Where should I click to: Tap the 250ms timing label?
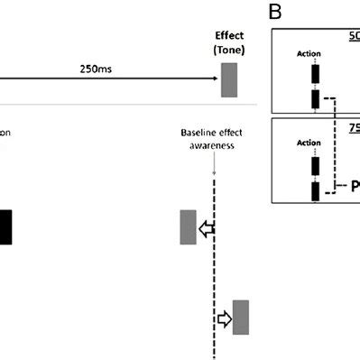click(x=97, y=68)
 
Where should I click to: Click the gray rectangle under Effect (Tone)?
click(x=228, y=78)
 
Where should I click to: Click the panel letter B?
click(x=278, y=13)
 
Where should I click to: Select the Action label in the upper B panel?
click(x=309, y=54)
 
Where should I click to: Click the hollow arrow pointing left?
click(x=207, y=230)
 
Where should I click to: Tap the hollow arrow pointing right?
click(x=223, y=318)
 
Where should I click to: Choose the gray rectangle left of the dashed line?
click(x=188, y=226)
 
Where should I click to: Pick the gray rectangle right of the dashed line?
click(x=240, y=318)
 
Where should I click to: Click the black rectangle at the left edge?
click(x=5, y=226)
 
